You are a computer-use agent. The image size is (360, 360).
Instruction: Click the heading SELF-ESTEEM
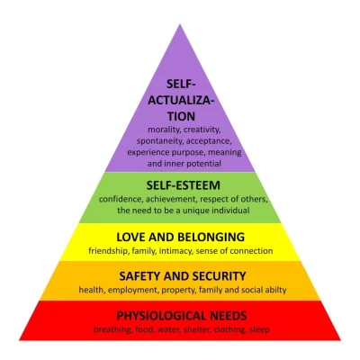click(184, 185)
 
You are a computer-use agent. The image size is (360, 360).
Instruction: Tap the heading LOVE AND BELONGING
click(181, 237)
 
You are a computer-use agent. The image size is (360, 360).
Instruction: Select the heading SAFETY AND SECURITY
click(183, 276)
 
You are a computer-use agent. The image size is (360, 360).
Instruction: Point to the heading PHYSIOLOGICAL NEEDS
click(182, 316)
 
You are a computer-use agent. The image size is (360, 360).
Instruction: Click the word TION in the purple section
click(181, 116)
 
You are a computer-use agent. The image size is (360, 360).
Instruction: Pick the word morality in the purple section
click(164, 130)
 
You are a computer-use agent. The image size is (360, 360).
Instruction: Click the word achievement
click(172, 199)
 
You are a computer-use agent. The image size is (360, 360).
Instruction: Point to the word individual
click(230, 211)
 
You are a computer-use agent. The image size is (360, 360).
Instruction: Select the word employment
click(132, 290)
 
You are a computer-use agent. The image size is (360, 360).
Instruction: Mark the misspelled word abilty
click(276, 290)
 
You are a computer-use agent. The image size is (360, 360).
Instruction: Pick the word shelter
click(196, 329)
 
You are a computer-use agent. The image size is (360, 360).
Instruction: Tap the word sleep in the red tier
click(259, 329)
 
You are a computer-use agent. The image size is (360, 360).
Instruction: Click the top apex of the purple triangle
click(180, 24)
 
